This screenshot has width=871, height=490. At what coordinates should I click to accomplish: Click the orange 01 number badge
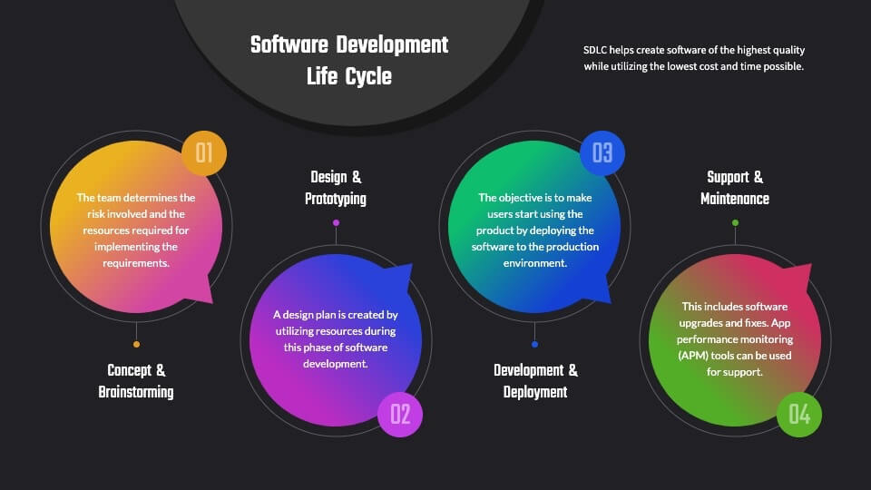(x=204, y=153)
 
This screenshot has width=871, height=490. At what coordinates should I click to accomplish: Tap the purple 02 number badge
(x=400, y=415)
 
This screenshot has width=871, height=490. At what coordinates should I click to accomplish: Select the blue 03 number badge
(x=602, y=153)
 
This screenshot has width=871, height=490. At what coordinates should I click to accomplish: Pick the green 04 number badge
(x=799, y=415)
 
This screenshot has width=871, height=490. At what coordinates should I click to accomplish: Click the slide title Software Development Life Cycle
(x=348, y=61)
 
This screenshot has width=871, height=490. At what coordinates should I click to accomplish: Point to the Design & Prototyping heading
(x=336, y=188)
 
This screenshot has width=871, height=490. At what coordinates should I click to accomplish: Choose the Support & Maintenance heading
(x=735, y=188)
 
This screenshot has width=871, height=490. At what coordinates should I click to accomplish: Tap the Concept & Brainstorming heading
(x=136, y=381)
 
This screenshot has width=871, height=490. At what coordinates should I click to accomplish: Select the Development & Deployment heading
(x=535, y=381)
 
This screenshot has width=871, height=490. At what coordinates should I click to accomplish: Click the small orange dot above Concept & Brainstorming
(x=137, y=345)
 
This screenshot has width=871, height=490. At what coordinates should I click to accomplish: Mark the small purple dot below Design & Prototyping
(x=336, y=223)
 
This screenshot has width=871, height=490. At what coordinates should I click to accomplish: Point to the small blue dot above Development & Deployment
(x=535, y=345)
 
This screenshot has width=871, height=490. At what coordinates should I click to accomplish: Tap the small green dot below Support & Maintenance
(x=736, y=223)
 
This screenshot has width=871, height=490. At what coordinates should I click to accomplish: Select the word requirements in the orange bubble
(x=136, y=263)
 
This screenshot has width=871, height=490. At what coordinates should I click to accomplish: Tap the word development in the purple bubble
(x=336, y=364)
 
